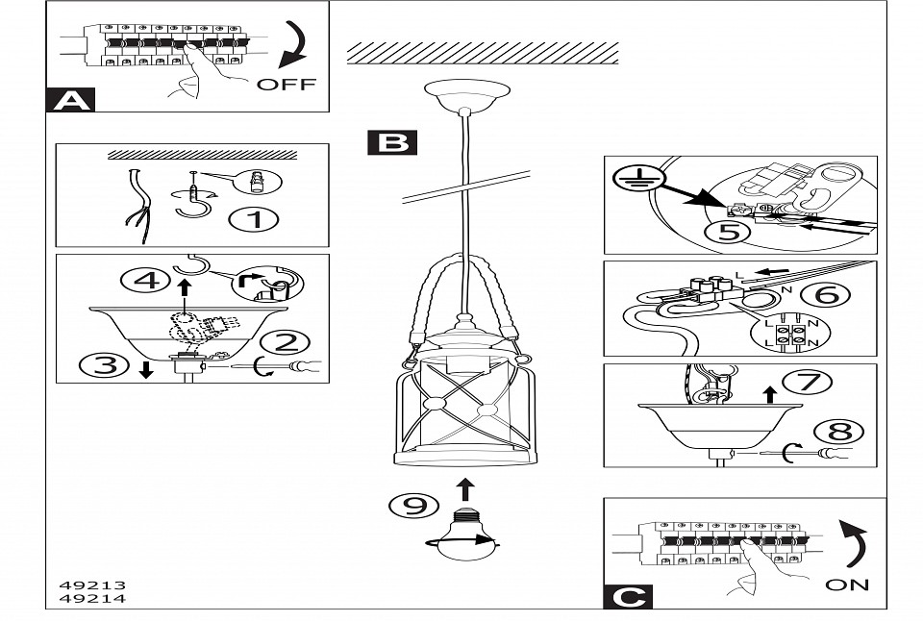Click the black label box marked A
70,100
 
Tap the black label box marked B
392,143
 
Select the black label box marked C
628,596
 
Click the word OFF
286,84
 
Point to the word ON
846,584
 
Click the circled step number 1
255,219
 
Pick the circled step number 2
289,341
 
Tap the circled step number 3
103,364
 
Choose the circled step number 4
143,281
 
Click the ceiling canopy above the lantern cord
466,94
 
